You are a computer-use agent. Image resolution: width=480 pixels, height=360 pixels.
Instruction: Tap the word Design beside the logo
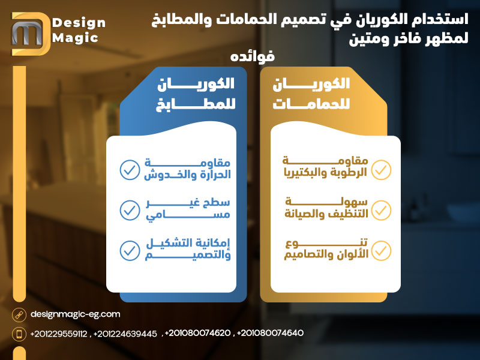79,23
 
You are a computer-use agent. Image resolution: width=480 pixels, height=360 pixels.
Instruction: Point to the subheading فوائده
252,56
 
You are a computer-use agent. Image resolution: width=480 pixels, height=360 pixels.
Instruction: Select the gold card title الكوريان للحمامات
311,92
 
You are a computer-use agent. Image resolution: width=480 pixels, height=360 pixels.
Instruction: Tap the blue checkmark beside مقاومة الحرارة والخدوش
129,170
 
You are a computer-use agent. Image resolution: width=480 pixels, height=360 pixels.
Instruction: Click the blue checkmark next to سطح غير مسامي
129,209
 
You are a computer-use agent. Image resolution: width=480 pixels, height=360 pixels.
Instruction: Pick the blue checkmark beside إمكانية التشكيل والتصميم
129,250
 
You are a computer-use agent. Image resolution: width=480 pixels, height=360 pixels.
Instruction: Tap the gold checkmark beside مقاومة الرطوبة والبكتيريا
381,170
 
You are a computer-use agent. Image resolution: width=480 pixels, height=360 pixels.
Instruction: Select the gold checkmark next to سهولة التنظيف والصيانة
381,209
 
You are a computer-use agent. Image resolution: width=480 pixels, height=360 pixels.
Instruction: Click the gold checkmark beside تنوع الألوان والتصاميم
381,250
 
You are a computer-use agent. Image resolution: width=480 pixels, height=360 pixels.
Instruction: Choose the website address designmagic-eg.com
75,314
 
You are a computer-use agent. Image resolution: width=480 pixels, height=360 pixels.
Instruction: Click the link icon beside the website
19,314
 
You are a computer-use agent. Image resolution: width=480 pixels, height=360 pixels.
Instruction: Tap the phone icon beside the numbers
19,334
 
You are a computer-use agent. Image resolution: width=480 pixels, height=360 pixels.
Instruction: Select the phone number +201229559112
59,334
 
